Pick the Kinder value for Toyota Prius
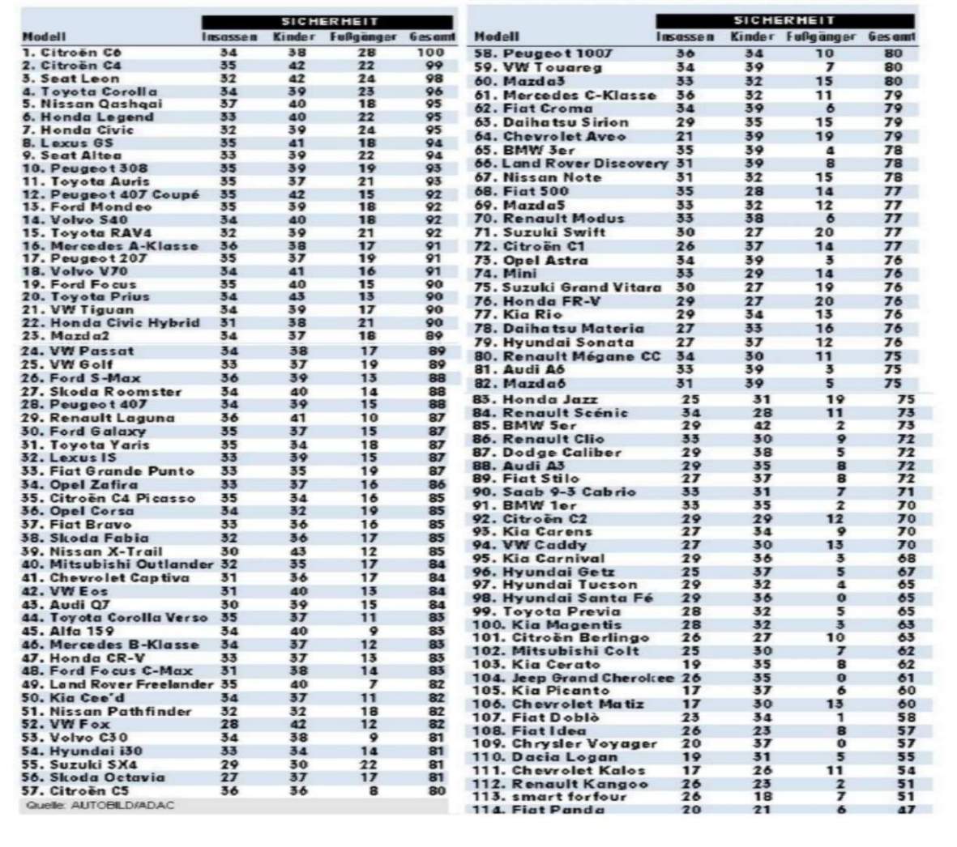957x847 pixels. (x=298, y=297)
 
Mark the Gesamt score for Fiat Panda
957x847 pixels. (x=905, y=810)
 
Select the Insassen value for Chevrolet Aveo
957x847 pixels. (x=685, y=137)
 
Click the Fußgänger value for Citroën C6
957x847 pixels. (x=366, y=53)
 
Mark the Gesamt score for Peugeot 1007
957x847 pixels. (x=893, y=54)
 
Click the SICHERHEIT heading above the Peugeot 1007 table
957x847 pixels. (x=784, y=20)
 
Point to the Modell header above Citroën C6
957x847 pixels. (x=44, y=36)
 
